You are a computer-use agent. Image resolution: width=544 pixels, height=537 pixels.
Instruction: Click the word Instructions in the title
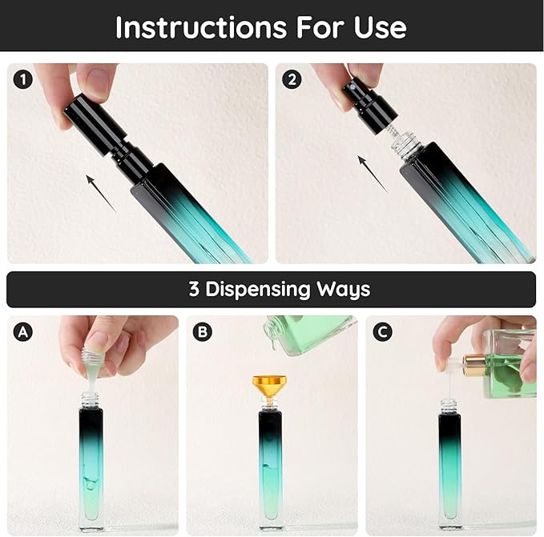pos(201,27)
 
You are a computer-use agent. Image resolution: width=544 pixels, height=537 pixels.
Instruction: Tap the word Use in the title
pos(381,27)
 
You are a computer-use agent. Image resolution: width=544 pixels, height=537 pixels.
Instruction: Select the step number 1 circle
pos(23,80)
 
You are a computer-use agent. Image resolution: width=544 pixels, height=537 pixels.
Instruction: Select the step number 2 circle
pos(292,80)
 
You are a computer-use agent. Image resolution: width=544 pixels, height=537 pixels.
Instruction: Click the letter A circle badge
pos(23,332)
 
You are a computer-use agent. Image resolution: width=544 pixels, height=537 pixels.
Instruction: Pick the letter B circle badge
pos(202,332)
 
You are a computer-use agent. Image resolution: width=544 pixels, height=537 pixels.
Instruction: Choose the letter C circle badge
pos(383,332)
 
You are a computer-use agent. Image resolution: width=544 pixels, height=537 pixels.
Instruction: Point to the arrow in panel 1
pos(101,194)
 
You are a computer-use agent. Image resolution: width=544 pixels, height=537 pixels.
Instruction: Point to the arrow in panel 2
pos(373,174)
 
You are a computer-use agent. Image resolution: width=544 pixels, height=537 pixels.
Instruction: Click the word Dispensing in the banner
pos(258,290)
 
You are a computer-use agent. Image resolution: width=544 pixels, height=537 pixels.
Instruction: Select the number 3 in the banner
pos(194,289)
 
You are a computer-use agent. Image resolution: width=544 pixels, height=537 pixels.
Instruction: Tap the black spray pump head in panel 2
pos(370,105)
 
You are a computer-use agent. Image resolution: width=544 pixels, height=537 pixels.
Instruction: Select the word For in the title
pos(320,27)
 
